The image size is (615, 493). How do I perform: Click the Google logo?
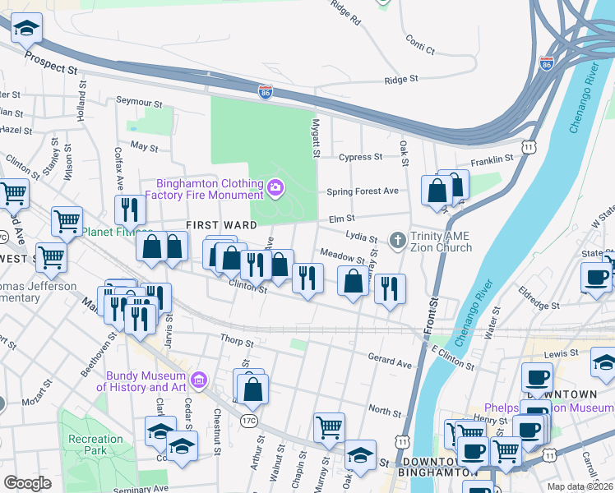click(x=28, y=483)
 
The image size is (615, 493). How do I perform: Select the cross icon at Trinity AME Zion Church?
click(x=397, y=241)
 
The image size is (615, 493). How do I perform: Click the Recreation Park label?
click(x=95, y=445)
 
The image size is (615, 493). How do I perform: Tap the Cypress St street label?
click(x=361, y=156)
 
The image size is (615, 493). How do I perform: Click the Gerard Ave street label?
click(x=389, y=362)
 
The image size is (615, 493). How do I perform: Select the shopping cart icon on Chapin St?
click(x=329, y=426)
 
